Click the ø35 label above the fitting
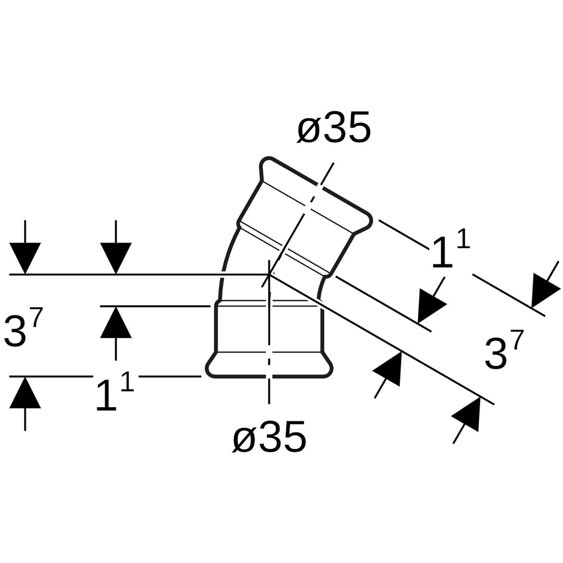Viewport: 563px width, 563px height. [334, 128]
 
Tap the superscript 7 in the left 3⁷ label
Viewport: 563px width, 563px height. [37, 317]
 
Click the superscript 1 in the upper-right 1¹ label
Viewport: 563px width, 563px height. [463, 239]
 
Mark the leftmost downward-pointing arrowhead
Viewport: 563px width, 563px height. [25, 258]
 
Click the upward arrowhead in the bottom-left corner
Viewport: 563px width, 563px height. [25, 393]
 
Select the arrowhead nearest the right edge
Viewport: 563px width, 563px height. [545, 290]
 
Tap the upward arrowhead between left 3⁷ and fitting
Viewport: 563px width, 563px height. [116, 322]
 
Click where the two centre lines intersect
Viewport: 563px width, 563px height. [269, 274]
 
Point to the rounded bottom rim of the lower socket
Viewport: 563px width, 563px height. [269, 375]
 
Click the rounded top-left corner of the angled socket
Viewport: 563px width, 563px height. [265, 162]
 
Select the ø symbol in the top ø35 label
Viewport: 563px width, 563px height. [308, 129]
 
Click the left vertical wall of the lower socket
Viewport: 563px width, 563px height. [216, 328]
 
